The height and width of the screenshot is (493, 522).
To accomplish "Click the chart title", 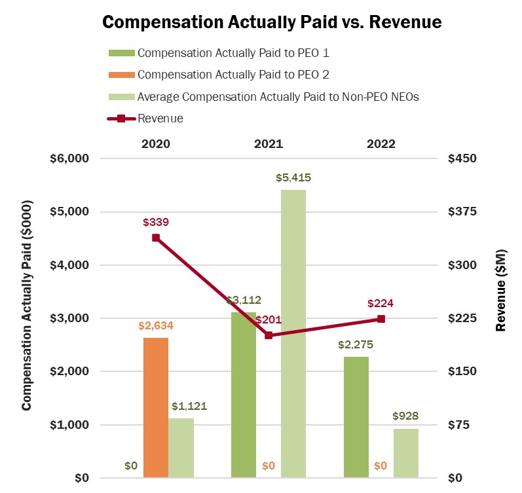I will point(272,22).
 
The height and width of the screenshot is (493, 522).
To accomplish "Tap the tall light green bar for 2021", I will point(293,334).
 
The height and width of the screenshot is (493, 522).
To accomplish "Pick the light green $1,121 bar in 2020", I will point(181,448).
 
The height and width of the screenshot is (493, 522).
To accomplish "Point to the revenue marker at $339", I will point(156,238).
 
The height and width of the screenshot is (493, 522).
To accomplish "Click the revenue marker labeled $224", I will point(381,319).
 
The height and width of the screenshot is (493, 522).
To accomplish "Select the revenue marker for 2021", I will point(269,335).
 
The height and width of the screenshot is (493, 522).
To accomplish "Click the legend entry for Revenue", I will point(160,119).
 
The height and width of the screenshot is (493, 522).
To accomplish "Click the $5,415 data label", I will point(293,178).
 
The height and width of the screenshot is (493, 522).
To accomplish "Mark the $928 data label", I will point(405,416).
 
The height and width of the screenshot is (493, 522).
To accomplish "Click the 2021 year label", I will point(269,144).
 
